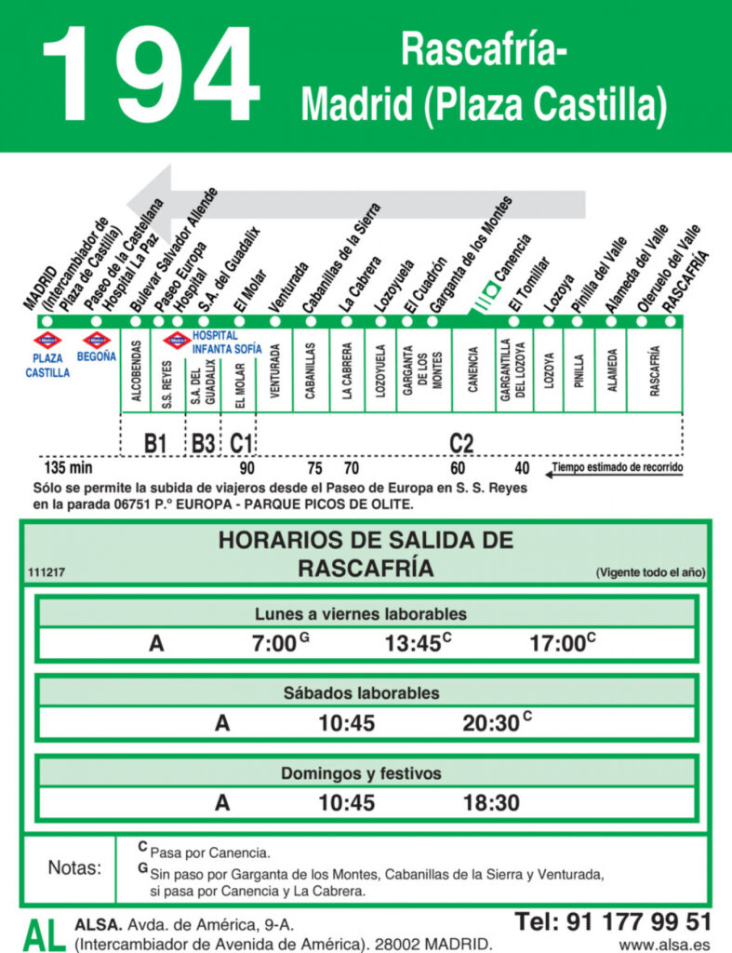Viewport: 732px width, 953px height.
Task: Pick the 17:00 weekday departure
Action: pyautogui.click(x=557, y=643)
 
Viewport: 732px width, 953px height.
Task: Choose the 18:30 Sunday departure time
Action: pyautogui.click(x=491, y=803)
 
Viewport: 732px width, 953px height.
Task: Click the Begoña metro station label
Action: pyautogui.click(x=97, y=356)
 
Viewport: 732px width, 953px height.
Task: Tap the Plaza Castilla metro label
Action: pyautogui.click(x=47, y=364)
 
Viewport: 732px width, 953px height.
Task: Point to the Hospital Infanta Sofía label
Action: pyautogui.click(x=227, y=342)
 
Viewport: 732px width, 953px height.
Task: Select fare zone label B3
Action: pyautogui.click(x=204, y=443)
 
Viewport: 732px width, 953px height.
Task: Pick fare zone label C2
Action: pyautogui.click(x=461, y=443)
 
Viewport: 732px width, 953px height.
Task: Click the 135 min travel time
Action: pyautogui.click(x=70, y=467)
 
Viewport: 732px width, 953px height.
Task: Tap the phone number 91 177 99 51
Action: pyautogui.click(x=613, y=921)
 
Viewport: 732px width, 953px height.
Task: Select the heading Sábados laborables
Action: pyautogui.click(x=366, y=693)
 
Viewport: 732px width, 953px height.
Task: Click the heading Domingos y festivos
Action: pyautogui.click(x=366, y=773)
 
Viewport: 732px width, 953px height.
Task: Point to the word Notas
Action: pyautogui.click(x=73, y=868)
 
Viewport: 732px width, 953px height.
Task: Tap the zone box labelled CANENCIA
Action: pyautogui.click(x=472, y=369)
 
